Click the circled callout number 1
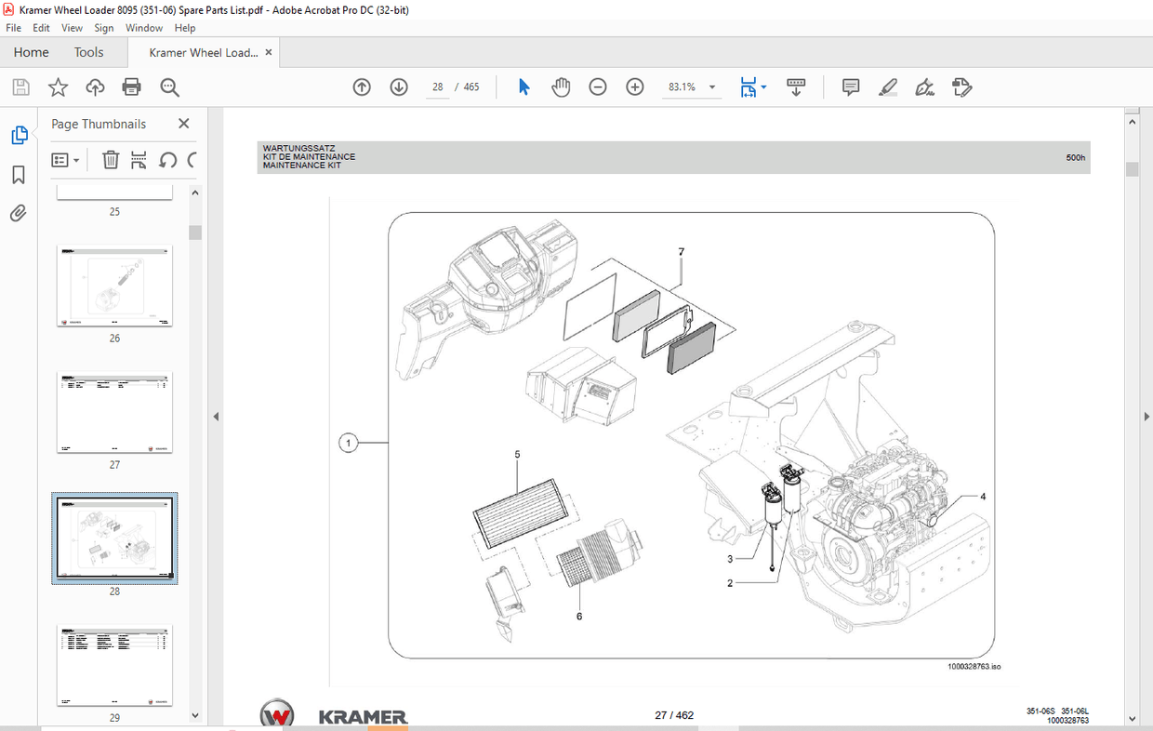(x=349, y=444)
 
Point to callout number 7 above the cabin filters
(x=681, y=252)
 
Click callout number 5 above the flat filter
(x=517, y=454)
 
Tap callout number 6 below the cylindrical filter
(x=579, y=616)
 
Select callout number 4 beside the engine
(x=983, y=497)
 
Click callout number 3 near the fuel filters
(x=730, y=559)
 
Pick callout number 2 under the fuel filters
(x=730, y=583)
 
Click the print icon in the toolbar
(x=132, y=87)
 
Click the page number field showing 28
(x=437, y=87)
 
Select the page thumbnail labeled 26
(x=114, y=286)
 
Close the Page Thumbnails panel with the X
(x=183, y=124)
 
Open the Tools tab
(x=89, y=52)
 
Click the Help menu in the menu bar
(x=185, y=28)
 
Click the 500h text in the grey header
(x=1075, y=158)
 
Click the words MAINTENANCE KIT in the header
(x=301, y=166)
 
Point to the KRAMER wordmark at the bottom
(x=363, y=716)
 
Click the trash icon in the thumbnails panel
(x=110, y=160)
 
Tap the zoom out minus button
(x=598, y=87)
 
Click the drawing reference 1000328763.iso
(x=974, y=666)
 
